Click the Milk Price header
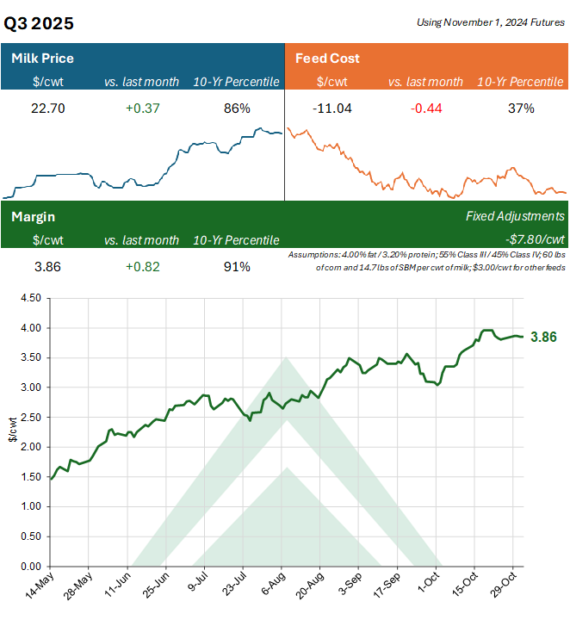[x=42, y=59]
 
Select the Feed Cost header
[x=327, y=59]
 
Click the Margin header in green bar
[x=34, y=217]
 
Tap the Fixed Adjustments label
[x=515, y=217]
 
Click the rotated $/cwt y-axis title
[x=12, y=432]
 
